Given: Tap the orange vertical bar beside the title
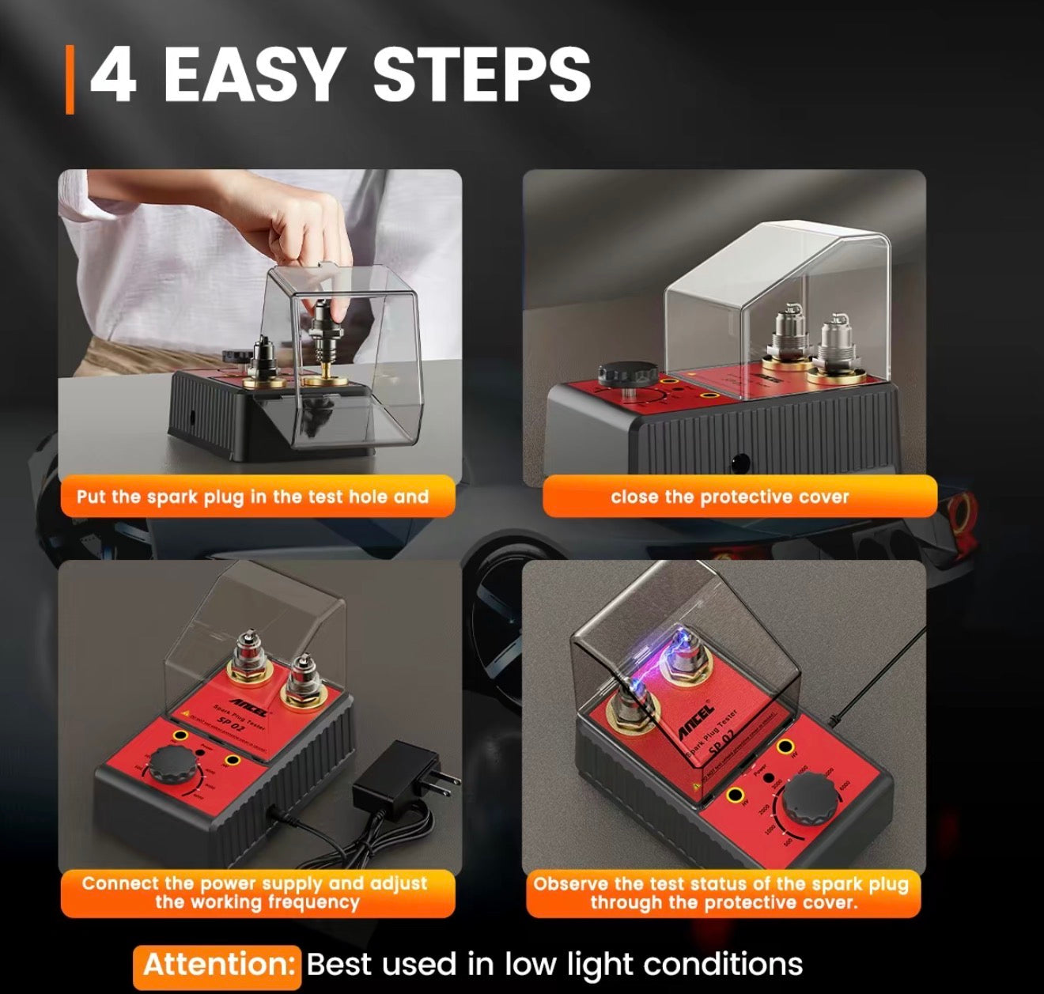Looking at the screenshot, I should [70, 79].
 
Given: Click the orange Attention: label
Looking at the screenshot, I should [217, 966].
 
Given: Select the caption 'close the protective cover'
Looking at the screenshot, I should [729, 497].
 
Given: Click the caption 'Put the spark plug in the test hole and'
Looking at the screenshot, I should [252, 497].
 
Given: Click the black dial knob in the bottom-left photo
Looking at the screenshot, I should [173, 764].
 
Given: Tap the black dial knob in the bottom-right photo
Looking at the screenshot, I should [815, 799].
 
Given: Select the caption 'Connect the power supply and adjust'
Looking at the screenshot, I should [254, 883].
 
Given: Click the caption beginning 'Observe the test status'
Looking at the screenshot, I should [721, 883].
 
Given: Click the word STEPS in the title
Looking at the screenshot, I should [481, 75].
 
